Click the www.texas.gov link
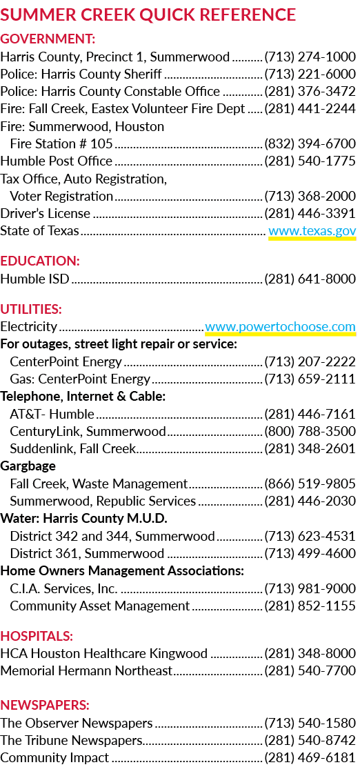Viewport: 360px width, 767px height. (312, 231)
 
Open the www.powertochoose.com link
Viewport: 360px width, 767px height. (280, 327)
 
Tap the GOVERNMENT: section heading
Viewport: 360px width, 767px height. (48, 38)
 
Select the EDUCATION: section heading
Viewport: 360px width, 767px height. (40, 261)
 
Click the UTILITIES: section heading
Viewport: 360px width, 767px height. (31, 309)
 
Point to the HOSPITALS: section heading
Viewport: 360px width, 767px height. (37, 636)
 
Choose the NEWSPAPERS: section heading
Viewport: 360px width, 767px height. (45, 705)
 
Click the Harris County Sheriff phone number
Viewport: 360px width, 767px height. (310, 74)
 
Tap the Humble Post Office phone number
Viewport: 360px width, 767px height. (310, 161)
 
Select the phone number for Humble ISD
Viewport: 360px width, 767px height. (310, 279)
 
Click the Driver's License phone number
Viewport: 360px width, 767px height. (310, 214)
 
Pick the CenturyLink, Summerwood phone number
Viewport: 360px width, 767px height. (310, 432)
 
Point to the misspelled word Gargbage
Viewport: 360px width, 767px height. (28, 466)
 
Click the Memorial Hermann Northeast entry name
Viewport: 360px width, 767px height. (86, 670)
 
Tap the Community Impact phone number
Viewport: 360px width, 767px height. (310, 758)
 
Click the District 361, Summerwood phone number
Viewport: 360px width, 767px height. (310, 554)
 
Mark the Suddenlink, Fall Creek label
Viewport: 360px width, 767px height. (73, 448)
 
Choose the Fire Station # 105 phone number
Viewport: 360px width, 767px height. (310, 143)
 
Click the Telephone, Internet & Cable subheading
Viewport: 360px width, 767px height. (83, 397)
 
